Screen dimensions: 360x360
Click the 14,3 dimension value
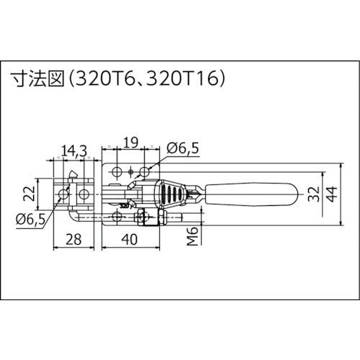(x=74, y=150)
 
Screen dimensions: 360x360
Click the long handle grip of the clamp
(x=252, y=195)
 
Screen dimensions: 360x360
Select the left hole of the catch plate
(x=65, y=195)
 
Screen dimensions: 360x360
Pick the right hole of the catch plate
(x=84, y=195)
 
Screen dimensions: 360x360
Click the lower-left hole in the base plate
(x=116, y=217)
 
